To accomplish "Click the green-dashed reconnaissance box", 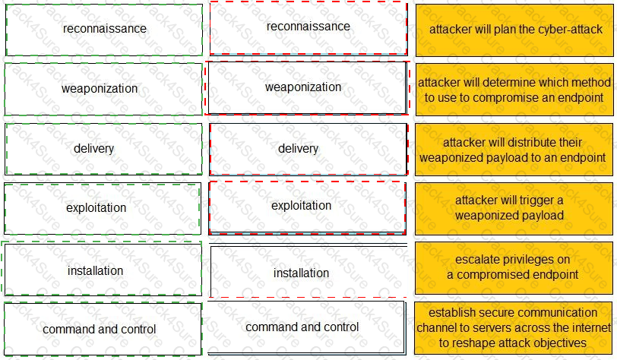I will pos(104,30).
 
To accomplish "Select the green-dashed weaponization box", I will pos(104,89).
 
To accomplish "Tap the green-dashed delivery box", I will pos(104,148).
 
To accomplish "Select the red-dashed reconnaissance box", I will pos(308,27).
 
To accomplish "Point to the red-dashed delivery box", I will pos(308,148).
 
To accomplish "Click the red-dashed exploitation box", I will pos(308,206).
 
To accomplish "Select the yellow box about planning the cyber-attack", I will pos(514,30).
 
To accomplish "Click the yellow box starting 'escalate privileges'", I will pos(514,267).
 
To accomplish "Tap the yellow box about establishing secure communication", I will pos(514,327).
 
